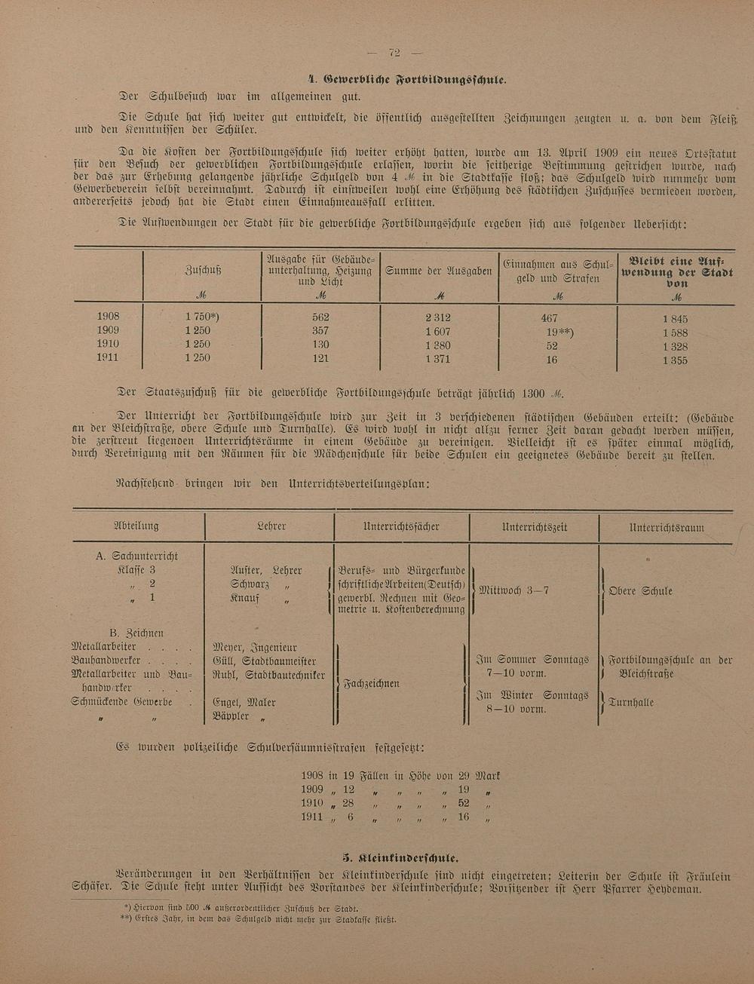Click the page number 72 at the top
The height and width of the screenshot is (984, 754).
click(x=394, y=53)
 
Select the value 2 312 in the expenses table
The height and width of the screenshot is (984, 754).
click(x=438, y=317)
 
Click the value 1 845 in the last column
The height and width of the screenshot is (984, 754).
click(x=675, y=319)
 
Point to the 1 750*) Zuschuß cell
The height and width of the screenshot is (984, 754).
click(x=202, y=317)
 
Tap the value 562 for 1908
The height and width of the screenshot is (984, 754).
click(x=320, y=317)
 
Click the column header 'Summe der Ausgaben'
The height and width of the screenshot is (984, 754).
click(x=439, y=271)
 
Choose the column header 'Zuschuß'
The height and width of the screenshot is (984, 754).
click(x=203, y=270)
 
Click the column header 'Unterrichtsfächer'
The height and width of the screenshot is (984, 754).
click(x=401, y=526)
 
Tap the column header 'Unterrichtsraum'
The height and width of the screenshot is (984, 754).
click(x=665, y=527)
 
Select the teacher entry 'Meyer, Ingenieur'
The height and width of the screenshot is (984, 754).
click(x=255, y=647)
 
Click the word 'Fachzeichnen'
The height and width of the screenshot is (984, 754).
click(x=372, y=684)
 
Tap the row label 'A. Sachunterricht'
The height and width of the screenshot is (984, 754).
click(x=137, y=556)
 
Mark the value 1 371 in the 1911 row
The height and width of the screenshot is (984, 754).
click(x=437, y=359)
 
